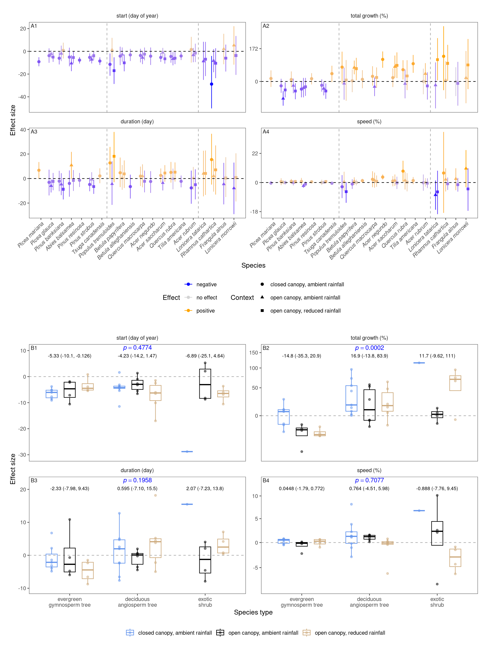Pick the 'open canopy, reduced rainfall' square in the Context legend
(x=262, y=310)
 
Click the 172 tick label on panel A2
(x=253, y=49)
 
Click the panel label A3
(x=34, y=132)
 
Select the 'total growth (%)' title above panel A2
(x=369, y=16)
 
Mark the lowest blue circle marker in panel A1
(x=212, y=84)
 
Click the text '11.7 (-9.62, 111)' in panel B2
(x=437, y=356)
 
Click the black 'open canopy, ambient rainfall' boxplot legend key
(x=220, y=633)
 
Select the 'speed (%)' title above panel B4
(x=369, y=470)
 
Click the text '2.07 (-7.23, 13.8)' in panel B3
(x=205, y=488)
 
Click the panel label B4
(x=266, y=480)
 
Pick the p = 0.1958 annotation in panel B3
(x=137, y=480)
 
